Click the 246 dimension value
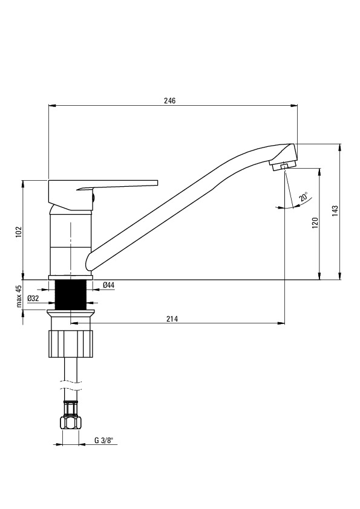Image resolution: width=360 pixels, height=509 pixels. coord(169,100)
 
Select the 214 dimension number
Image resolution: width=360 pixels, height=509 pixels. coord(172,319)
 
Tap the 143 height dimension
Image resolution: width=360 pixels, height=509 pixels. coord(335,211)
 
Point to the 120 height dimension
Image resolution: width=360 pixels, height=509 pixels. coord(315,222)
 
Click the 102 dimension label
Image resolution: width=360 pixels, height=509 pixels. coord(19,232)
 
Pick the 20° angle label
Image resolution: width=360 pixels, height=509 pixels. coord(304,197)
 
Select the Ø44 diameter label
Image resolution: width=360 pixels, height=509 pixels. coord(108,285)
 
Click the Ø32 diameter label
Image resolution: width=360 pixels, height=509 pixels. coord(33,298)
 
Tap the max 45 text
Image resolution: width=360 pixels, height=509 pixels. coord(19,296)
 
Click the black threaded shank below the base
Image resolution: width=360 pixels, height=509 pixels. coord(71,295)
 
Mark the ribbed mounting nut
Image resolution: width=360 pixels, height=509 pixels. coord(71,344)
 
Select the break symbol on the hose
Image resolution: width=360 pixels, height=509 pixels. coord(71,384)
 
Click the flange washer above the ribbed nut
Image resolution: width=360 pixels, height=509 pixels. coord(71,313)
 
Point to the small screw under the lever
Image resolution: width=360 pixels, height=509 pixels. coord(94,196)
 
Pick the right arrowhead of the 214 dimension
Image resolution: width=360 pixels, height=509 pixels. coord(281,323)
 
